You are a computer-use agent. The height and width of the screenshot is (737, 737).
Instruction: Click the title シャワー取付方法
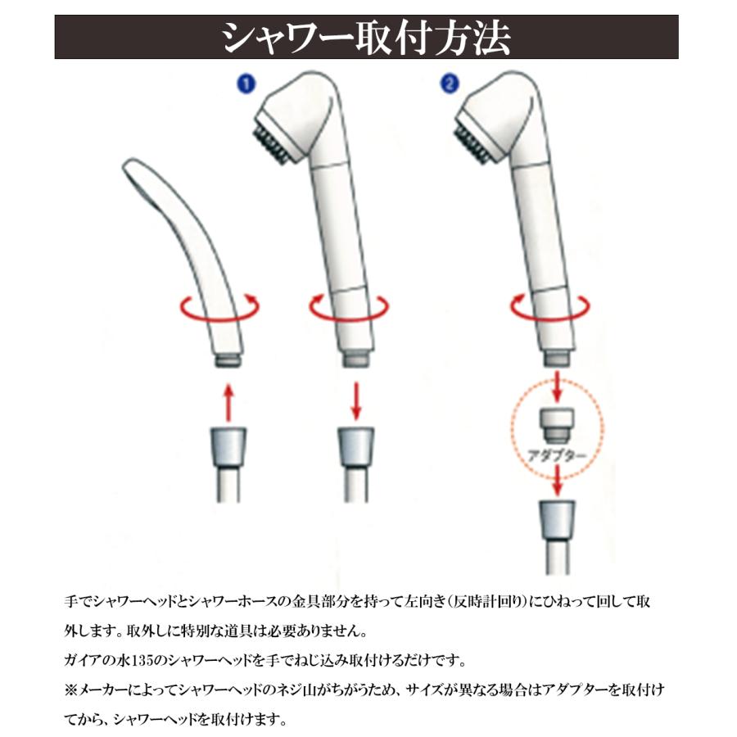coord(366,38)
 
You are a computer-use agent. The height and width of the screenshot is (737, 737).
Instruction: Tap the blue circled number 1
coord(246,84)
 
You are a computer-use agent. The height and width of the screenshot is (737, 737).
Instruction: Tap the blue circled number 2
coord(450,84)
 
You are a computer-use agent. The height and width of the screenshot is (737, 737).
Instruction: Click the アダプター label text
coord(558,455)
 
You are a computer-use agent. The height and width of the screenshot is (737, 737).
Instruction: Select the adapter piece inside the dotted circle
coord(557,424)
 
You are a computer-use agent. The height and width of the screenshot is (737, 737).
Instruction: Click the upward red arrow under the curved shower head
coord(229,403)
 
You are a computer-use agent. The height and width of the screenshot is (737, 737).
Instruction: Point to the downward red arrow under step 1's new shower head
coord(356,401)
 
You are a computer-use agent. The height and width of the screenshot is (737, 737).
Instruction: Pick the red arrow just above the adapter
coord(558,387)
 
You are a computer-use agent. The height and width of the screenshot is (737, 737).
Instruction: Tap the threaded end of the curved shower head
coord(228,360)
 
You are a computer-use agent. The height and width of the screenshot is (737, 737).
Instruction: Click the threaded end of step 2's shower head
coord(558,358)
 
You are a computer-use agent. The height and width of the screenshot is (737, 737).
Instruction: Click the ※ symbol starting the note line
coord(70,690)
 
